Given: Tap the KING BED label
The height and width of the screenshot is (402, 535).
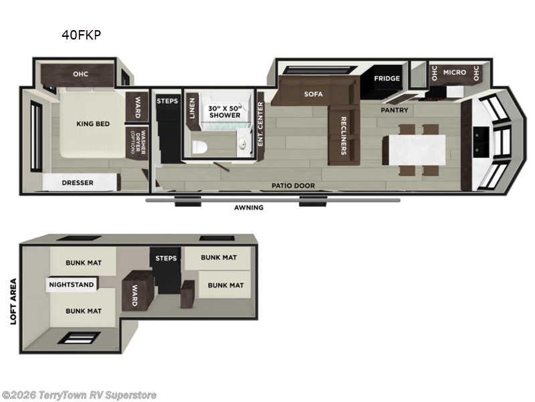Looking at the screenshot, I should (x=93, y=123).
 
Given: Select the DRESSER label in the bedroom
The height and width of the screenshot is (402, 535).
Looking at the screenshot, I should (x=78, y=182).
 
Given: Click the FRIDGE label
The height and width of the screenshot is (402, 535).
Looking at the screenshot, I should (x=387, y=78).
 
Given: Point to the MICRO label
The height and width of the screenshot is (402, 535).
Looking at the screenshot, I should (x=454, y=72).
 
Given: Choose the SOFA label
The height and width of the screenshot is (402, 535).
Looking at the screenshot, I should (x=314, y=94).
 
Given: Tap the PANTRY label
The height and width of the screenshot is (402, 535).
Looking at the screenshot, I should (x=395, y=110).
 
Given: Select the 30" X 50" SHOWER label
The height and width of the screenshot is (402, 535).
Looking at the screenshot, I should (x=224, y=111).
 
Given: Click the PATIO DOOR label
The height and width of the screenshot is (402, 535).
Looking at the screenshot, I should (x=293, y=186).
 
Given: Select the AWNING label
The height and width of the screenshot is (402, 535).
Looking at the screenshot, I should (x=248, y=208).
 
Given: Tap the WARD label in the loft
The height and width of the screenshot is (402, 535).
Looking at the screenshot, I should (x=134, y=295).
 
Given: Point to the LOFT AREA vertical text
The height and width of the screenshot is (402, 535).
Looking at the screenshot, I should (x=13, y=301).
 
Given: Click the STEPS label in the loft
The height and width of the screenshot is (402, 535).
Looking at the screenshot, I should (x=166, y=258).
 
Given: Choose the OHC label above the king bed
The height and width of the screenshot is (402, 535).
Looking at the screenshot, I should (x=81, y=74).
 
